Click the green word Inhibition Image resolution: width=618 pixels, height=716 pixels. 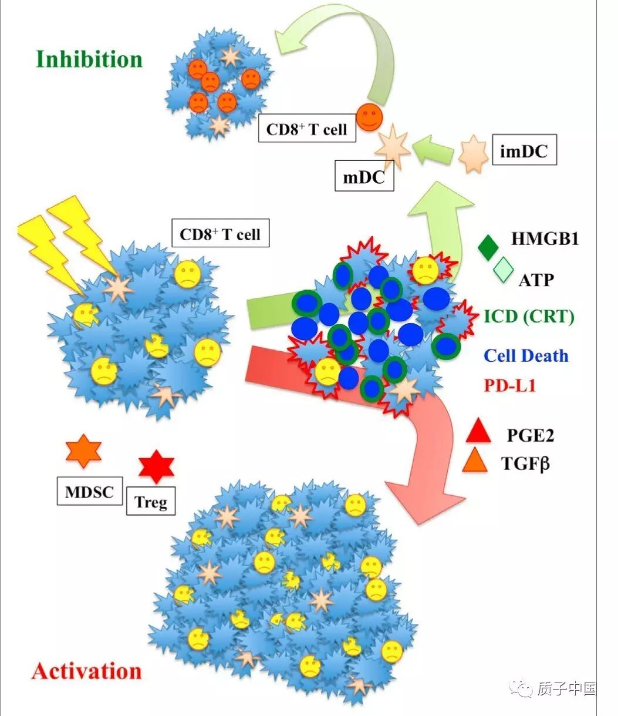(x=89, y=59)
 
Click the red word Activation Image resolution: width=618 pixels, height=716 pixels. (x=87, y=671)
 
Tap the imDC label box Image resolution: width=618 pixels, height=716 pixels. (x=524, y=152)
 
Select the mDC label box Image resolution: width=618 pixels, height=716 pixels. (x=364, y=176)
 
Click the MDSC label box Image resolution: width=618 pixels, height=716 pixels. (x=89, y=491)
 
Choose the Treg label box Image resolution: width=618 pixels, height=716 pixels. (x=151, y=502)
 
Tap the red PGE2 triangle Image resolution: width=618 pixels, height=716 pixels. (x=478, y=432)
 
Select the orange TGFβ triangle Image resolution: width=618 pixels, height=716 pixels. (x=475, y=461)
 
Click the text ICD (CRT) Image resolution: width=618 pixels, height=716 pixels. (x=529, y=317)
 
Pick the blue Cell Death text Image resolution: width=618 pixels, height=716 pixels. (x=526, y=355)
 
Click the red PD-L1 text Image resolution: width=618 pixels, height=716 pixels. (x=509, y=385)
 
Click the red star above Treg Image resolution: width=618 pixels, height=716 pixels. (x=156, y=467)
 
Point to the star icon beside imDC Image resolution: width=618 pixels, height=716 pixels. (x=472, y=153)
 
